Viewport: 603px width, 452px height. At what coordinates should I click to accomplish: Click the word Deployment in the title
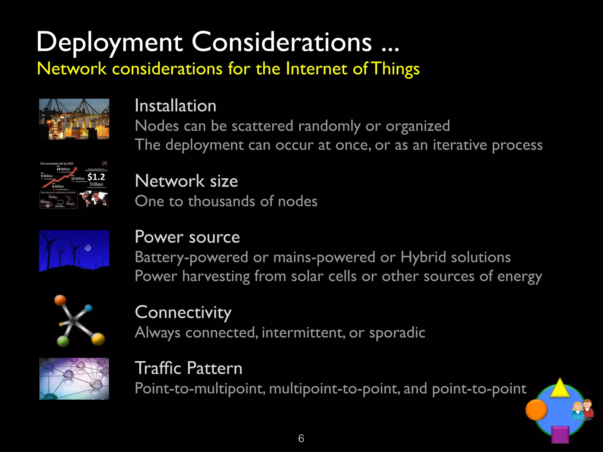click(110, 43)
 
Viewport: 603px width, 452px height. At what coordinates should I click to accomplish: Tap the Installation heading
click(175, 106)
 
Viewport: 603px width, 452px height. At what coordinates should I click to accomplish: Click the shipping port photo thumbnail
click(74, 119)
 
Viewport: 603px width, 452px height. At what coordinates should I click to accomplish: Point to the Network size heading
click(186, 181)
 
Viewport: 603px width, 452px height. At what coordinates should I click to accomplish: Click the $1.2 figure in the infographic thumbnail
click(96, 177)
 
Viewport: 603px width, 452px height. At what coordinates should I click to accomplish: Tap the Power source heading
click(187, 237)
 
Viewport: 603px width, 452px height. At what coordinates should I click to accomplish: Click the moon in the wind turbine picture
click(88, 248)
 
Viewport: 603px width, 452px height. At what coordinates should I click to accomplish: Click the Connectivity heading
click(183, 312)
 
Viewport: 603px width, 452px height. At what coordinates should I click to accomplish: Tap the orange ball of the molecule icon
click(61, 300)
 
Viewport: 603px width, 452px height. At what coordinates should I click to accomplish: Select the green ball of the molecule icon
click(63, 341)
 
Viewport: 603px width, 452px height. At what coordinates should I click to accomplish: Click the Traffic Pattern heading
click(188, 368)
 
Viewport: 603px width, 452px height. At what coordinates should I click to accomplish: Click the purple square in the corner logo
click(560, 435)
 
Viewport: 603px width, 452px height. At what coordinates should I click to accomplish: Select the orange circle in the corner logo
click(536, 410)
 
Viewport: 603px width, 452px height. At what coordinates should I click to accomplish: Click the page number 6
click(301, 438)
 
